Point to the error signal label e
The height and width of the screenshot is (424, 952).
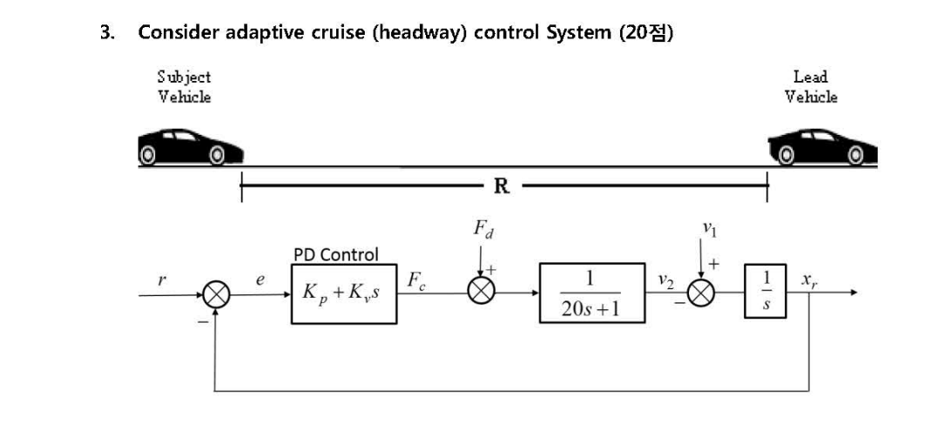click(260, 280)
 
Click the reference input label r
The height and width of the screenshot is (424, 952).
click(163, 279)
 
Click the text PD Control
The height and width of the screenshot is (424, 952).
click(336, 255)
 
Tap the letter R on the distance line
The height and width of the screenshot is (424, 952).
click(502, 185)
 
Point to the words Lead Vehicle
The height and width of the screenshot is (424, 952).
click(811, 87)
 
